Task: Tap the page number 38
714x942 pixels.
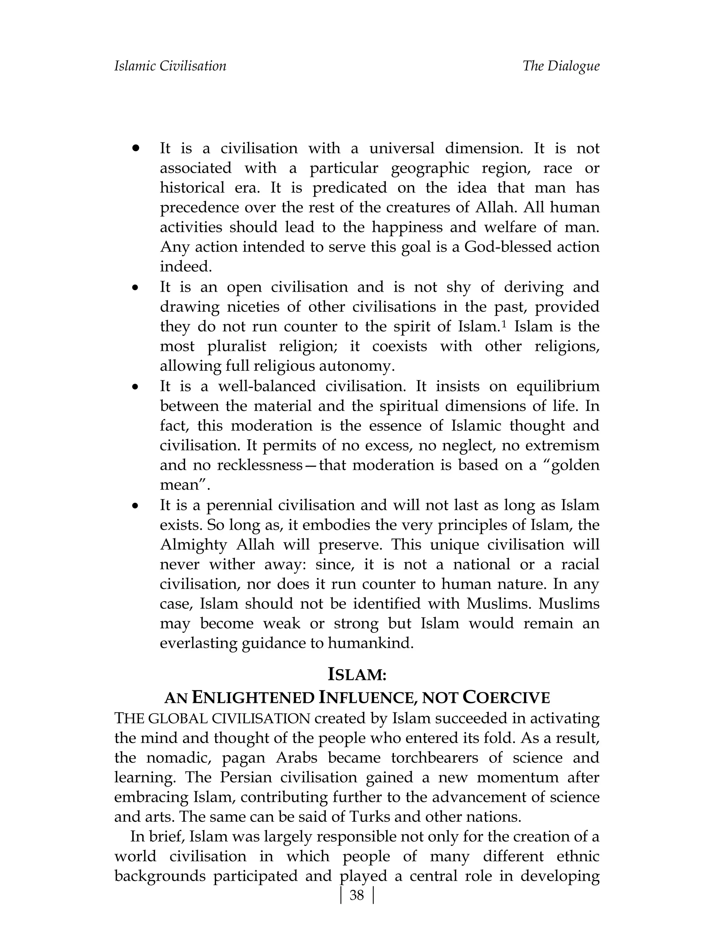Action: tap(357, 895)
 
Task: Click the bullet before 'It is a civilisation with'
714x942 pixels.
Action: tap(136, 148)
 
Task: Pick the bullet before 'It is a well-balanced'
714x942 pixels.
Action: tap(136, 388)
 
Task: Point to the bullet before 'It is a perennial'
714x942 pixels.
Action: tap(136, 506)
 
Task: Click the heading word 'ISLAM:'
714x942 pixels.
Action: tap(357, 675)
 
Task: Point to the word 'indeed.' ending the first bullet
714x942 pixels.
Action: tap(186, 267)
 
